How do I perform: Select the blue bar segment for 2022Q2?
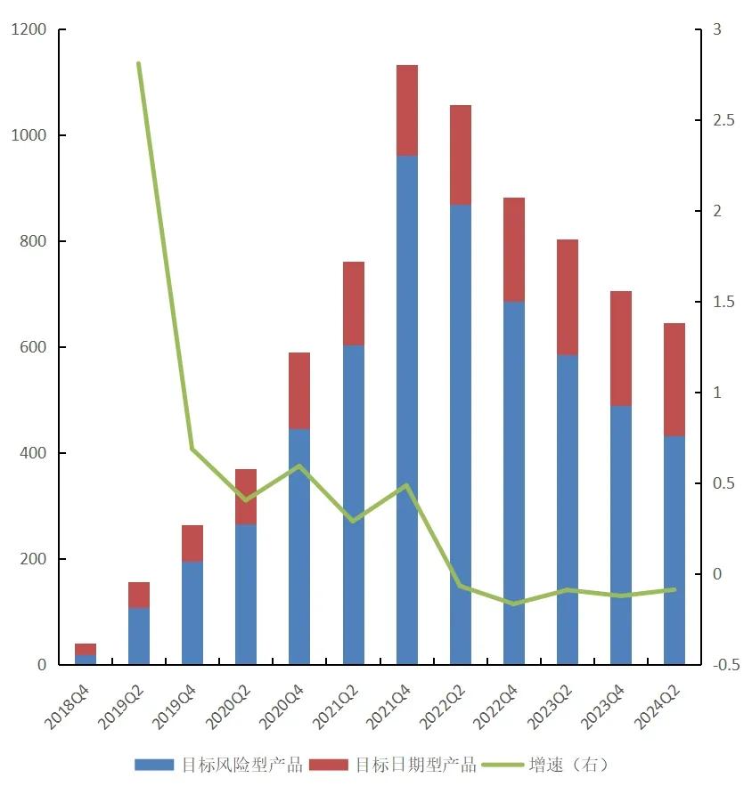460,434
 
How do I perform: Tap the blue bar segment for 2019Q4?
192,612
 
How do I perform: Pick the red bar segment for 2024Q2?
674,379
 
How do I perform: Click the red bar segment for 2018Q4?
86,649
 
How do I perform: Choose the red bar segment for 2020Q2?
246,497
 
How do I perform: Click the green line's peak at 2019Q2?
139,63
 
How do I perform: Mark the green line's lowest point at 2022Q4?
513,604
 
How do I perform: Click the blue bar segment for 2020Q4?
299,547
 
